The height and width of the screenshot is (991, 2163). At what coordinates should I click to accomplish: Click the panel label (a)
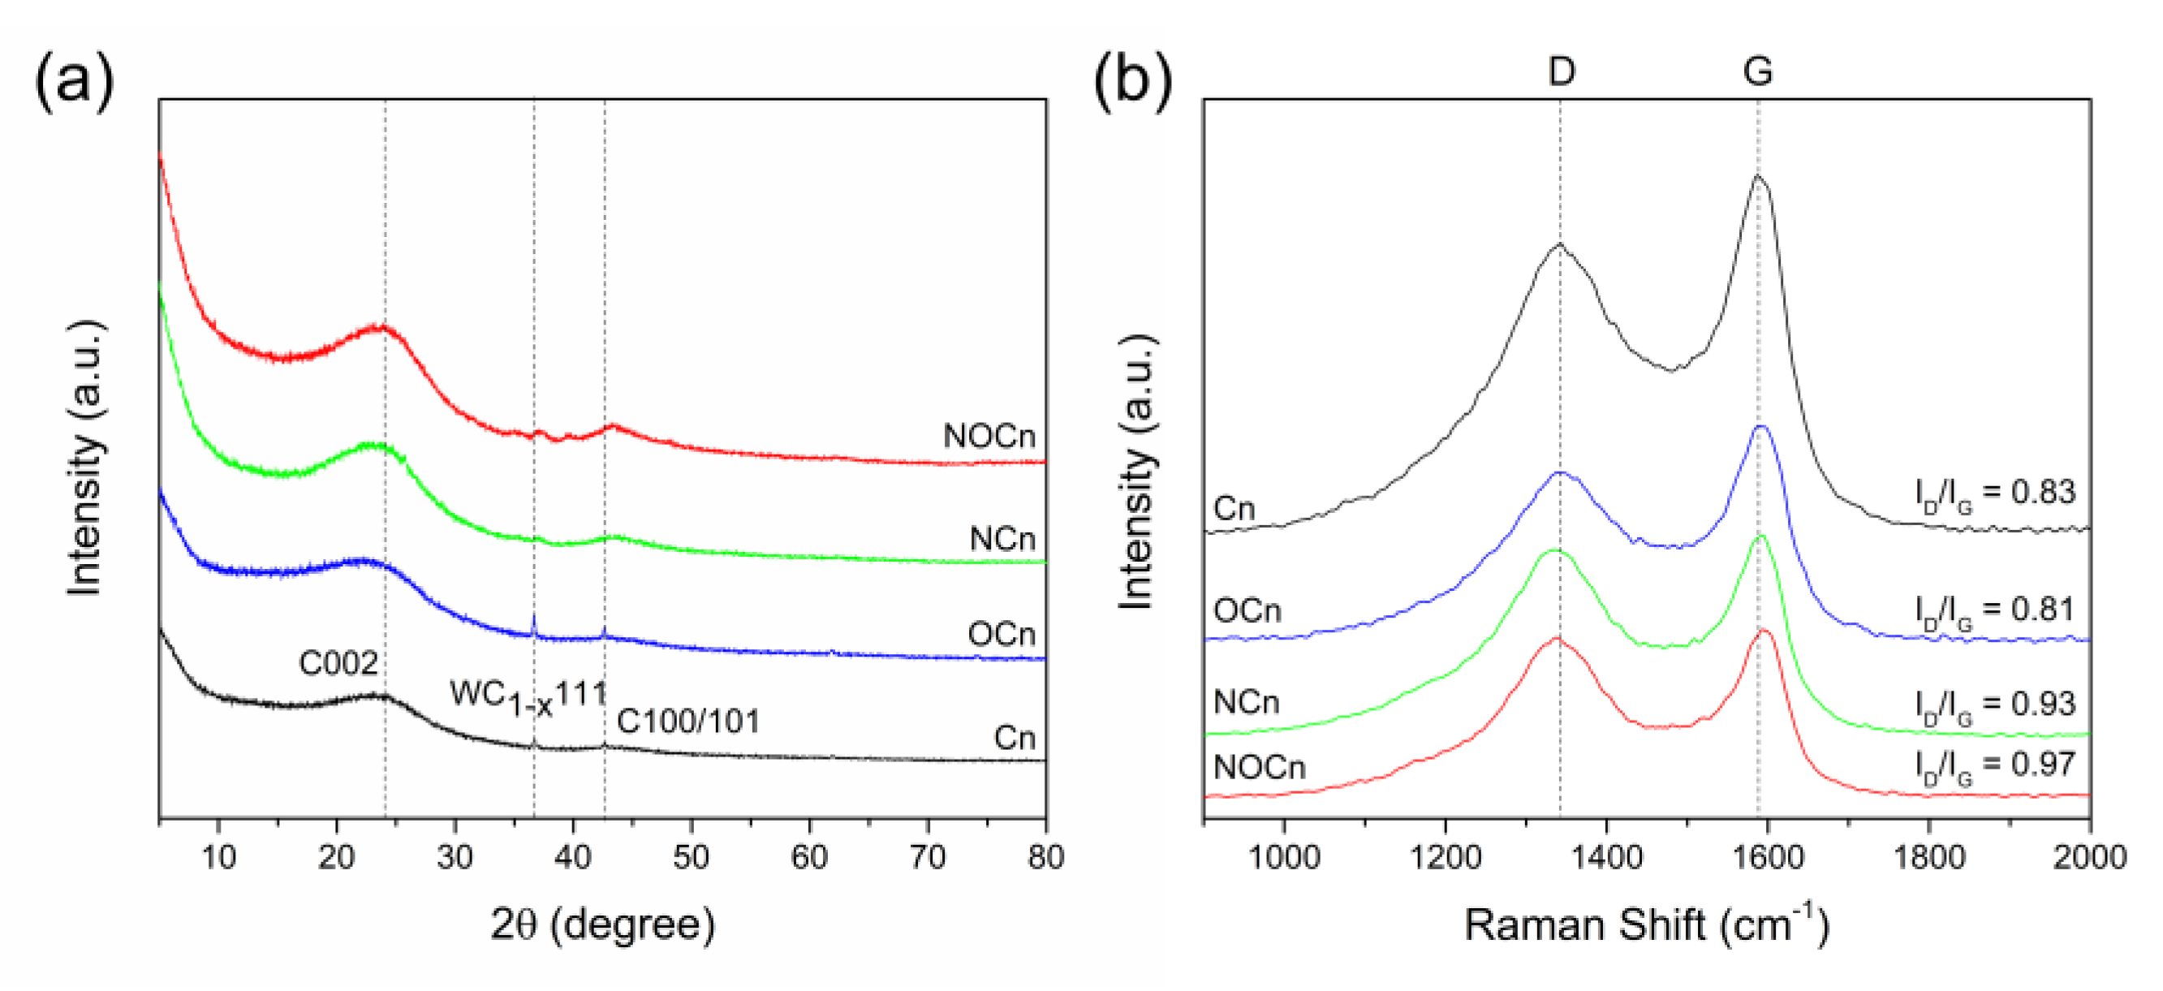(74, 81)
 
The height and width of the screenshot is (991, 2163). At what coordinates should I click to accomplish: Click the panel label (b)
(1132, 81)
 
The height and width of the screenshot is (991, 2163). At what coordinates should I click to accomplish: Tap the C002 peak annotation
(338, 663)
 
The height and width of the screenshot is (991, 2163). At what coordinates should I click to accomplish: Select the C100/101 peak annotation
(687, 722)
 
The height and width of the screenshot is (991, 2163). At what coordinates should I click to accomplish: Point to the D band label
(1561, 71)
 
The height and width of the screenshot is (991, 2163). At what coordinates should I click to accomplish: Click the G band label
(1757, 71)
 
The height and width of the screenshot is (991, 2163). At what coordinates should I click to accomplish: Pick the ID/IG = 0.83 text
(1994, 493)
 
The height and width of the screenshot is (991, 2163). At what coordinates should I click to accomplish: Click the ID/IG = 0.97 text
(1994, 765)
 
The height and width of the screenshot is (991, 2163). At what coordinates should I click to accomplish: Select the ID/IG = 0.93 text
(1994, 704)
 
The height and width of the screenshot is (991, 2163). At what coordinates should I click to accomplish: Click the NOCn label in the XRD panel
(989, 436)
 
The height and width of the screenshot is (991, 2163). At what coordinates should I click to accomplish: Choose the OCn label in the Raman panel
(1247, 610)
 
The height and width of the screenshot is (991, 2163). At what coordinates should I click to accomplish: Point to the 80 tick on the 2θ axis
(1045, 856)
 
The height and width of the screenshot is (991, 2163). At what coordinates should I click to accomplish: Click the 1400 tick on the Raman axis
(1606, 856)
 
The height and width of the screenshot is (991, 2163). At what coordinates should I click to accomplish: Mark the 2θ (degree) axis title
(603, 924)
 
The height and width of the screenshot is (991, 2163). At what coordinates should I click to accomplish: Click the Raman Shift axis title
(1645, 924)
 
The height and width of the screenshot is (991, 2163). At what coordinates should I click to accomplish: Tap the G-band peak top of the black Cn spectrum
(1756, 176)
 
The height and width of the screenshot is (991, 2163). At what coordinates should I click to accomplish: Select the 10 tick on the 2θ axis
(218, 856)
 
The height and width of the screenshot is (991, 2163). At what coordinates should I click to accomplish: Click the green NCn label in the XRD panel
(1002, 538)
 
